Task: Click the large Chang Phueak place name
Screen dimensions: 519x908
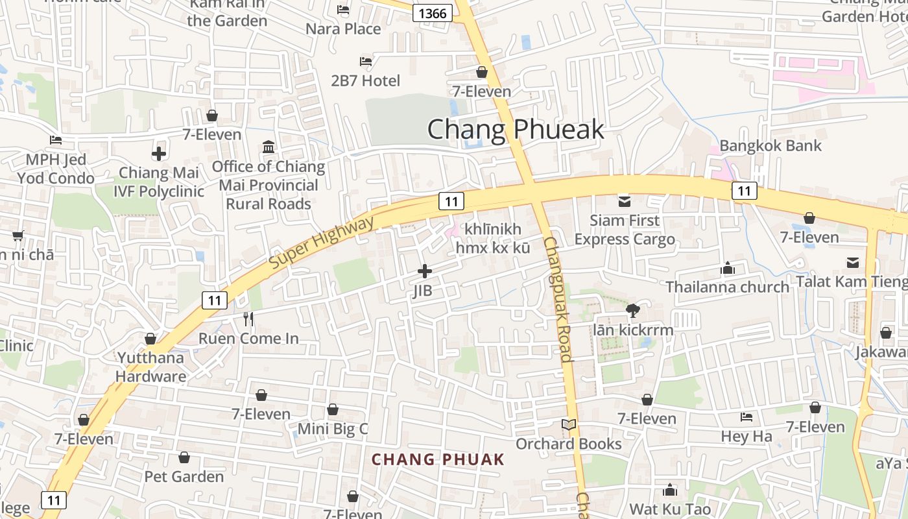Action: point(516,130)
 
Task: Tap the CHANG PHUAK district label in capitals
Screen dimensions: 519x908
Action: point(438,459)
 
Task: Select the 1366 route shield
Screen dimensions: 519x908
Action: point(433,14)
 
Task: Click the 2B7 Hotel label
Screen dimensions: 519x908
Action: point(366,81)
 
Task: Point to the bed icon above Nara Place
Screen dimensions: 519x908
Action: point(343,10)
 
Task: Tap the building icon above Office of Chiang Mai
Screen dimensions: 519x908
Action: point(269,147)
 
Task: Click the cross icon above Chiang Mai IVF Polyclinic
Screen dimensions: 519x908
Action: point(159,154)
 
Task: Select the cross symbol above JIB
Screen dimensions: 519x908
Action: point(425,271)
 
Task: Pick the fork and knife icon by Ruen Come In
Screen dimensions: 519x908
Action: point(248,319)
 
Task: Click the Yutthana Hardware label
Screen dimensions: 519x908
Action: point(151,367)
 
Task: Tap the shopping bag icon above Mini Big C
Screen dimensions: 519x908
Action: point(333,409)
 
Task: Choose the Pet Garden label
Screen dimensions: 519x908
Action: point(184,477)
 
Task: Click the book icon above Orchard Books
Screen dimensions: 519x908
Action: point(569,425)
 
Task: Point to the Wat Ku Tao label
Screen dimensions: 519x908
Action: point(670,509)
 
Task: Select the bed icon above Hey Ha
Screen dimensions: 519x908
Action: point(747,417)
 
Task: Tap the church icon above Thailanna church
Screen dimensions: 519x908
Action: point(728,268)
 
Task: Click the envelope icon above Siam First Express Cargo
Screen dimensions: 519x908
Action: point(625,201)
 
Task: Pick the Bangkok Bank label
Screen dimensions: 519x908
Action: point(771,145)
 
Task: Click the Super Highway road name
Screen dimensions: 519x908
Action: point(322,243)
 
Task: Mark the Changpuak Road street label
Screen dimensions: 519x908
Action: point(558,298)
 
